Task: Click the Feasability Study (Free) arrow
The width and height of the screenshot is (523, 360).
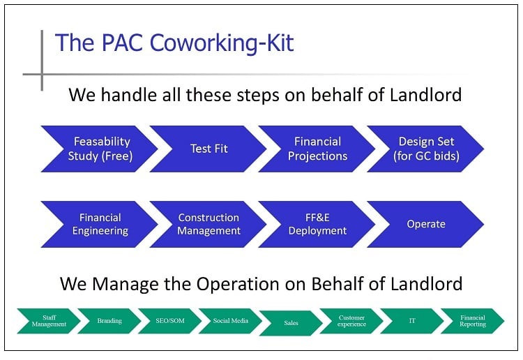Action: pyautogui.click(x=100, y=149)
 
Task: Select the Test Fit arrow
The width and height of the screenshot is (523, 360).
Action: pyautogui.click(x=209, y=149)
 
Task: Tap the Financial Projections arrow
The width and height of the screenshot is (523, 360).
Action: pyautogui.click(x=317, y=149)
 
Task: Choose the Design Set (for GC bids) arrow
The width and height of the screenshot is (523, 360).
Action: pyautogui.click(x=427, y=149)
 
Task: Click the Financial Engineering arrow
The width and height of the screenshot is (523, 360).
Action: pyautogui.click(x=100, y=224)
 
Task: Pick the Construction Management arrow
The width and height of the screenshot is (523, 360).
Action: pyautogui.click(x=209, y=224)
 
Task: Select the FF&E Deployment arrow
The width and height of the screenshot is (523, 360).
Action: pyautogui.click(x=317, y=224)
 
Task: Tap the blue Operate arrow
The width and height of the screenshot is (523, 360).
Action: pyautogui.click(x=426, y=224)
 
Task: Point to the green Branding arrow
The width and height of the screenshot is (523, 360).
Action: pyautogui.click(x=109, y=321)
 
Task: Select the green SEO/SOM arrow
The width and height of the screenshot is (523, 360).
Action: pyautogui.click(x=169, y=321)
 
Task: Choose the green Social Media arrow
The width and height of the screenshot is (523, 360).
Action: pyautogui.click(x=230, y=321)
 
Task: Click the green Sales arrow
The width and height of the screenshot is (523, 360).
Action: pyautogui.click(x=291, y=323)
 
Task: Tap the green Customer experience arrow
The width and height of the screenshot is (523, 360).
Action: pyautogui.click(x=351, y=321)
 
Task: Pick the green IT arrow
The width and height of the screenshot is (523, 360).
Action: pyautogui.click(x=412, y=321)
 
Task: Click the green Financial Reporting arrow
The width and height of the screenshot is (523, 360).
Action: pyautogui.click(x=472, y=321)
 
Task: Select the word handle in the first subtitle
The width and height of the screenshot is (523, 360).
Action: pyautogui.click(x=130, y=94)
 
